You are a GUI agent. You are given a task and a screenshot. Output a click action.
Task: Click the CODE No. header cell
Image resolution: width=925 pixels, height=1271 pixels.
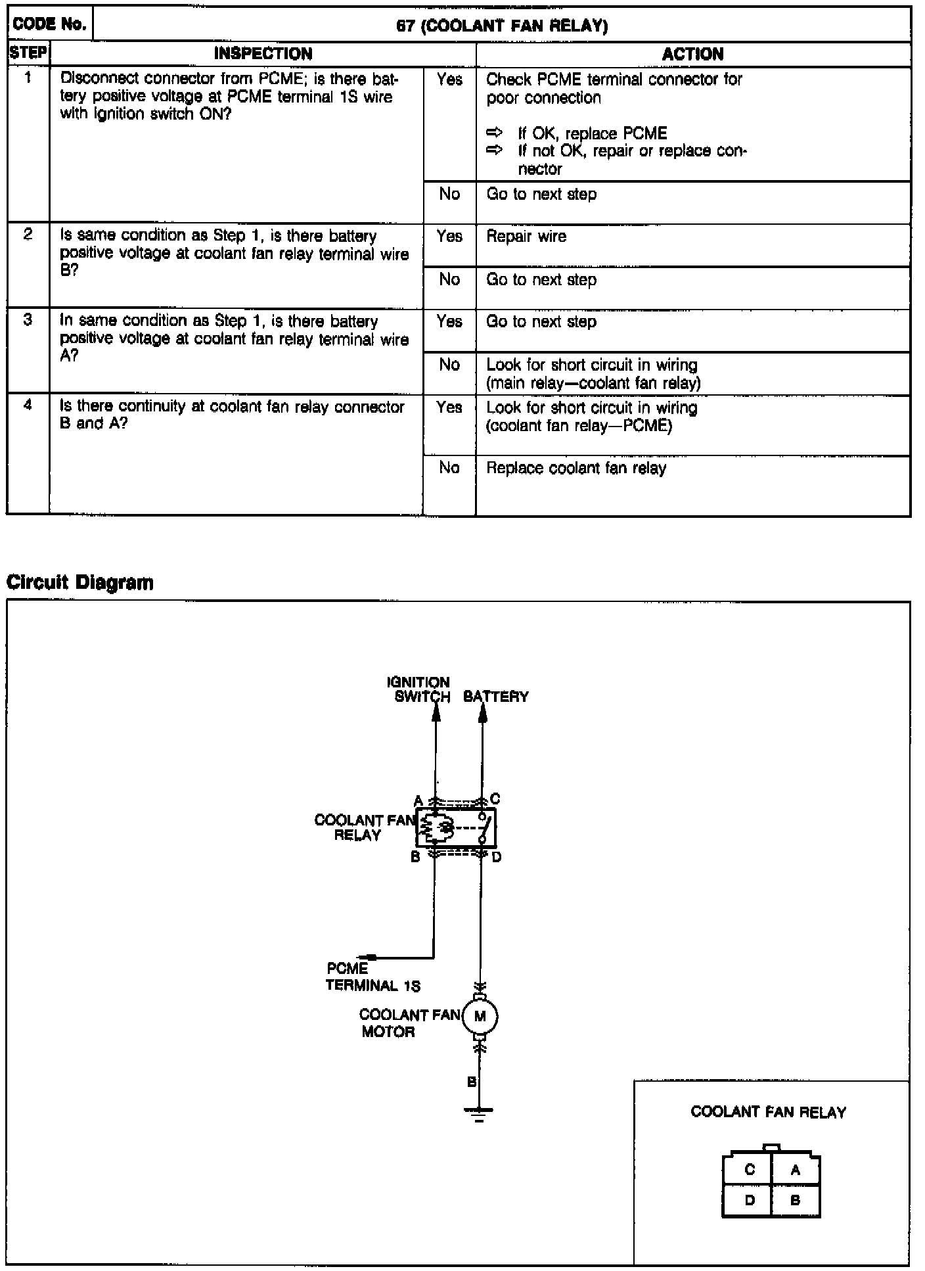(50, 25)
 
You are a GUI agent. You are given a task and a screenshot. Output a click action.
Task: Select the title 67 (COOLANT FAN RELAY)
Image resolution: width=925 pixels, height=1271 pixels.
(502, 26)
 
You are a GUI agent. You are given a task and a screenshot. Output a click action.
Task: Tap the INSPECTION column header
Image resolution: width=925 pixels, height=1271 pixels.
(263, 54)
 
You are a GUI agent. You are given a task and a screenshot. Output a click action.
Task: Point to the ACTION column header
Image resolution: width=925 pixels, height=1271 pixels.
(692, 54)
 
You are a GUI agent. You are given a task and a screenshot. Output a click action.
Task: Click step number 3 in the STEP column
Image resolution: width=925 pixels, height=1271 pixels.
(28, 321)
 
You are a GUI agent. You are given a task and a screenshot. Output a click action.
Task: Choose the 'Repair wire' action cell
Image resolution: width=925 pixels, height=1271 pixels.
(526, 237)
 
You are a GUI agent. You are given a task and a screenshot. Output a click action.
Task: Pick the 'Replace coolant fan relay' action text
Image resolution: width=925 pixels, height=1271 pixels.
(576, 469)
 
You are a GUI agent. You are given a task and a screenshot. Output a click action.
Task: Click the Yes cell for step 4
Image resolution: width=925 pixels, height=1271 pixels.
(449, 407)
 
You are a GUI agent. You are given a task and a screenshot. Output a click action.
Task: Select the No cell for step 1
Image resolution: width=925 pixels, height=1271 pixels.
(449, 195)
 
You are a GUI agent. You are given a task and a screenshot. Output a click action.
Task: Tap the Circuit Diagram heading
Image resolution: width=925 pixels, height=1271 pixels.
(79, 582)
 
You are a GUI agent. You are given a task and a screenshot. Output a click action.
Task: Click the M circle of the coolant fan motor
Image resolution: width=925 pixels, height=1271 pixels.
(480, 1017)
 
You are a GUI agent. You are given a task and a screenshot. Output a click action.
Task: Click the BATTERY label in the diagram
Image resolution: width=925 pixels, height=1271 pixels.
(496, 697)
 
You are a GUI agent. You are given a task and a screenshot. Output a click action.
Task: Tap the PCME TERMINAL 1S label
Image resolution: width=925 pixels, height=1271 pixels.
(372, 977)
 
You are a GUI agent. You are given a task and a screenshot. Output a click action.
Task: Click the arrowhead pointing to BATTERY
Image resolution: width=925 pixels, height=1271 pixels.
(483, 714)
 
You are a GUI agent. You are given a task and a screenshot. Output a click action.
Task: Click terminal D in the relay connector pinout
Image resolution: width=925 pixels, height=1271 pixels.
(750, 1200)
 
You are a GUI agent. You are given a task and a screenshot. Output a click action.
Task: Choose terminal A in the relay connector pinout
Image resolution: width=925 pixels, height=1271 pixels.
(795, 1170)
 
